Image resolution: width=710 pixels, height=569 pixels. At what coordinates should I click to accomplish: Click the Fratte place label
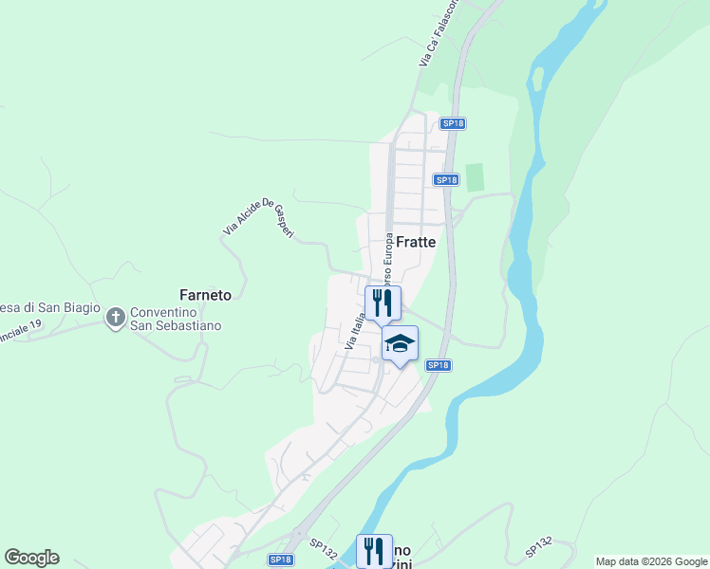coord(416,242)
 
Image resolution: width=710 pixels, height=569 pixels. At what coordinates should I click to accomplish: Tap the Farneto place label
coord(205,295)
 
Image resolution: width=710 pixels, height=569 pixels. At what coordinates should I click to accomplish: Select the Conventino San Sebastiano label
coord(176,319)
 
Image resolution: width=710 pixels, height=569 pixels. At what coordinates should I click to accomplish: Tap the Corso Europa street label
coord(388,259)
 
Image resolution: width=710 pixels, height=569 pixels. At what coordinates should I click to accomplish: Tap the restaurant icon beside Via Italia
coord(383,303)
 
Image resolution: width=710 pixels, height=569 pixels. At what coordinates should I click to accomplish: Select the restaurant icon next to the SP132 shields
coord(374,550)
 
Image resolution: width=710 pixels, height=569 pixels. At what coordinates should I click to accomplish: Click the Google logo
coord(31,558)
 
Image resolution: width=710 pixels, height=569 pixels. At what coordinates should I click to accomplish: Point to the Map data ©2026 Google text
coord(651,561)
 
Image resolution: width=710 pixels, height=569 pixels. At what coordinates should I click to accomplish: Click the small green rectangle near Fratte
coord(474,177)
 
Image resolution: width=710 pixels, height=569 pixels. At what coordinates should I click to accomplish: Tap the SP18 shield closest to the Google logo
coord(280,560)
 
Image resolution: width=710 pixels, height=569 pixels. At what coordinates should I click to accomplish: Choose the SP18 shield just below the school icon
coord(437,365)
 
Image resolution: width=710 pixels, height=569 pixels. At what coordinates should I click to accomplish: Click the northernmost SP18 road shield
coord(453,123)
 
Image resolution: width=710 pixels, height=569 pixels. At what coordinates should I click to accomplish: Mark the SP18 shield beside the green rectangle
coord(446,179)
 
